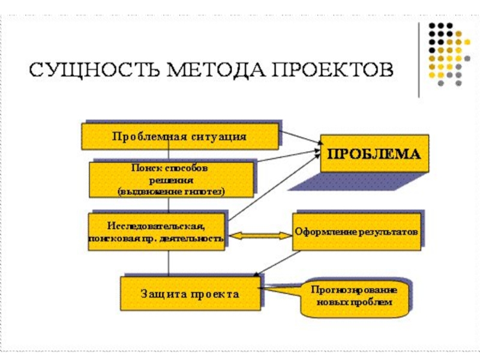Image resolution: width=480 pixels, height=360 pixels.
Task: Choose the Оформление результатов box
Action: tap(357, 231)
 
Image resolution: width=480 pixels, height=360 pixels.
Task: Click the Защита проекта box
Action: tap(190, 293)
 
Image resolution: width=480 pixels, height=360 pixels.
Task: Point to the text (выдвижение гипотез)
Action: tap(171, 191)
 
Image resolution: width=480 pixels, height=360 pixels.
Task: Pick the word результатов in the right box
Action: tap(389, 231)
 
